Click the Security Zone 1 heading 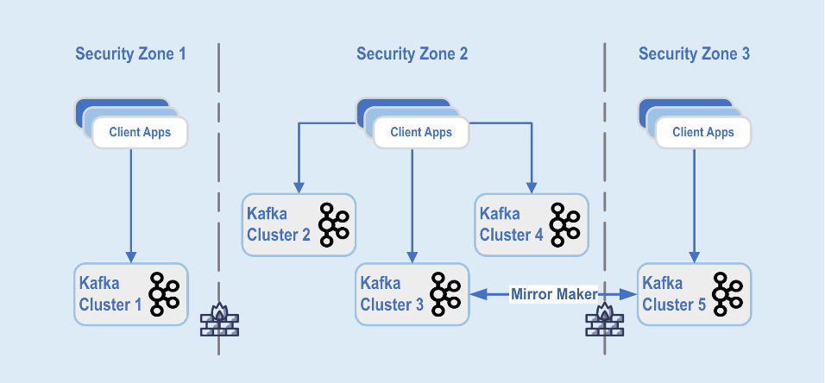pos(130,54)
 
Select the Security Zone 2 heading pos(412,54)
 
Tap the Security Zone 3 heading pos(694,54)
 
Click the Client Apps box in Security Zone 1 pos(139,132)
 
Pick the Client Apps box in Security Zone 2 pos(421,132)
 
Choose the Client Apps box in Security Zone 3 pos(702,132)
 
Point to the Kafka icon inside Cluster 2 pos(333,224)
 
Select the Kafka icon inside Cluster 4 pos(566,224)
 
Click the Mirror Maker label pos(553,294)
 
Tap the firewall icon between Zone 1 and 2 pos(218,320)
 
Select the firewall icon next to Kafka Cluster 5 pos(604,320)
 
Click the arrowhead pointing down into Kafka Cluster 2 pos(299,187)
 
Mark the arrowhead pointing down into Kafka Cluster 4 pos(531,187)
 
